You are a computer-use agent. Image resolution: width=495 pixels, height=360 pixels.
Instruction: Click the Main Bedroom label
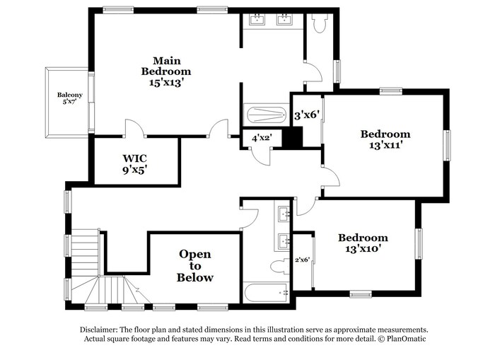point(166,66)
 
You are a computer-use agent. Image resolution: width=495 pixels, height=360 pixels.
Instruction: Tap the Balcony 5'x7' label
point(70,98)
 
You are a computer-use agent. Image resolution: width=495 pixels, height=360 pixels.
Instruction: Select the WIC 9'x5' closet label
point(135,164)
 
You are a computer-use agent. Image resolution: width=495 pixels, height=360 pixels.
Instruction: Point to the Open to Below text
point(195,265)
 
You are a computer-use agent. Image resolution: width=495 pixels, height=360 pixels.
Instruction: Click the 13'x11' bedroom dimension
point(385,145)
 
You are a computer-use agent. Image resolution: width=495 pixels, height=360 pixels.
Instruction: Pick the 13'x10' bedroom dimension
point(363,249)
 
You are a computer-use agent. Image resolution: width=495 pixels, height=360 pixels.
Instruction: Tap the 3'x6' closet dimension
point(305,115)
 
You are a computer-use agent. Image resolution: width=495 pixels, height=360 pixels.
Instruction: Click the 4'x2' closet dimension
point(262,139)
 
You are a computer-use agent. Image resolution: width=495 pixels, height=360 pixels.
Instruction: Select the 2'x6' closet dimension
point(303,260)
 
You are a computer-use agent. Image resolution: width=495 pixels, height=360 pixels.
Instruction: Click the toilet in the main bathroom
point(320,23)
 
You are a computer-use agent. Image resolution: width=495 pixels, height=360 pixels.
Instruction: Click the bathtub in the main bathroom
point(267,115)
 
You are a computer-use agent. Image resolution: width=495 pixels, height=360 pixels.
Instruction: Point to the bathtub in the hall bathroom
point(266,292)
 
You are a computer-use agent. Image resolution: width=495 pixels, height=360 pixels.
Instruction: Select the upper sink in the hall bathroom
point(284,214)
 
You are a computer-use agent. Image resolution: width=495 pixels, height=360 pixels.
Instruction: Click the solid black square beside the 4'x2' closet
point(292,137)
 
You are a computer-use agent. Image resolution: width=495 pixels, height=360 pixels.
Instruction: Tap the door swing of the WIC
point(135,127)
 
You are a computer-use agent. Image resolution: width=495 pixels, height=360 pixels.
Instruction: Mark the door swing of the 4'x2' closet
point(261,156)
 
